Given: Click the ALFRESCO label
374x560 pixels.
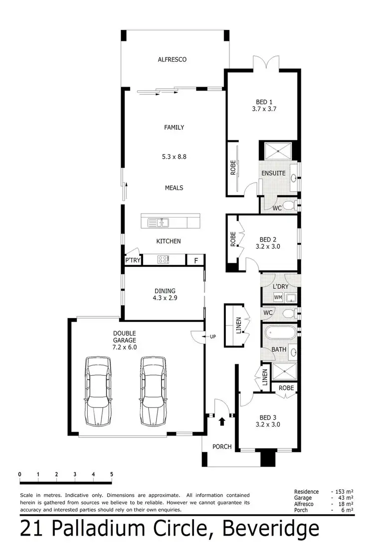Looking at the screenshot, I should point(172,60).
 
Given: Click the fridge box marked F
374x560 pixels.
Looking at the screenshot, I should point(195,260).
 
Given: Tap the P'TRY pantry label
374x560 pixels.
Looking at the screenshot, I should point(133,260).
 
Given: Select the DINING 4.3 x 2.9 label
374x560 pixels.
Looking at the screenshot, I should point(165,295).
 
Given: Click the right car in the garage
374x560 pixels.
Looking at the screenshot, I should point(154,391).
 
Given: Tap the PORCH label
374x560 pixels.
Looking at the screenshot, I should point(222,447).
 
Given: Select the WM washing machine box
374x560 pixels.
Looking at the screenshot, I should point(278,298).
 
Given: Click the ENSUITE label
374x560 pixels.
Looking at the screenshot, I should point(274,173).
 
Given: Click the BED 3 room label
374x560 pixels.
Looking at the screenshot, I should point(268,421).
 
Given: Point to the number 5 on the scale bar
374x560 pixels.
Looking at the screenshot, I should point(111,474).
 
